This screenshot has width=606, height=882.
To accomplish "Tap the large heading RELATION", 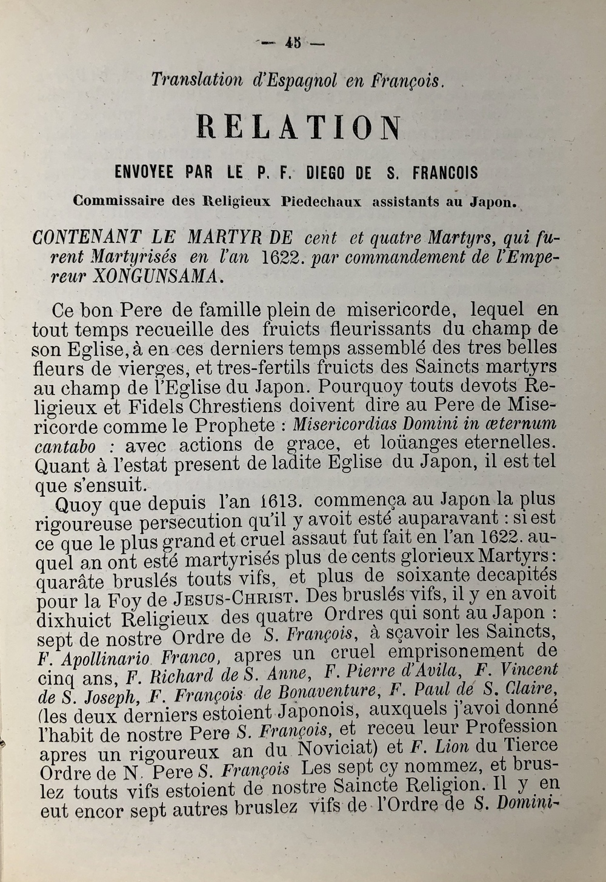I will [299, 128].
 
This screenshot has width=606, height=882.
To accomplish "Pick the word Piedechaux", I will [321, 202].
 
